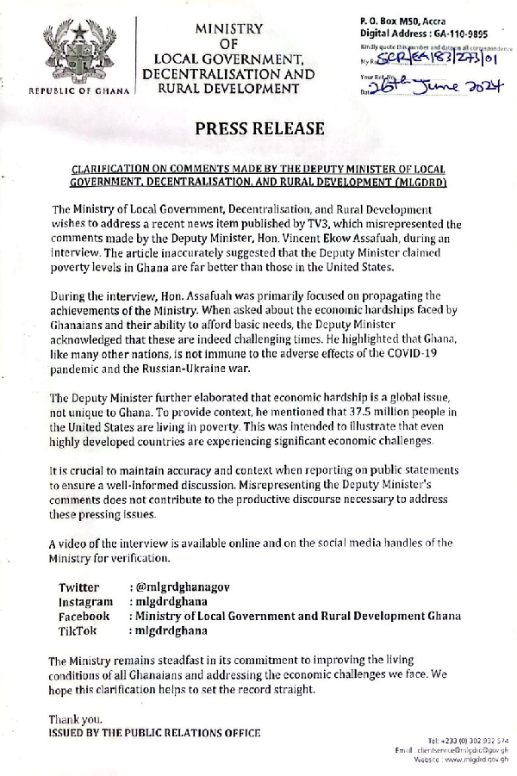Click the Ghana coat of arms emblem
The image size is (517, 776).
point(78,53)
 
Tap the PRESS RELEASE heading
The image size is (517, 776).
point(259,129)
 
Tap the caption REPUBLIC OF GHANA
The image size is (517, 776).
point(78,90)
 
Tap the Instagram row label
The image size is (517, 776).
point(85,601)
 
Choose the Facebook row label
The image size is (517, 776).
point(84,616)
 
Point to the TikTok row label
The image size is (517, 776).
point(78,630)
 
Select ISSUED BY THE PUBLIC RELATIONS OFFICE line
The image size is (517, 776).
point(154,733)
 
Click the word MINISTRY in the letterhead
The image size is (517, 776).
point(228,28)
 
